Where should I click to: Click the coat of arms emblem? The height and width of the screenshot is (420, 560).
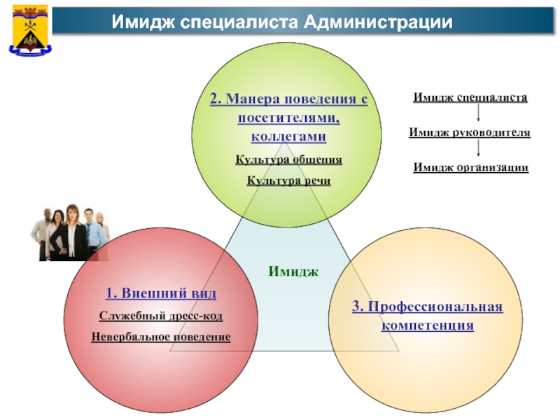27,29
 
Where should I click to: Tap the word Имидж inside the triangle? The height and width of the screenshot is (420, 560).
293,270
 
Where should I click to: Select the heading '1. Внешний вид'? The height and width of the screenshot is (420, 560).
161,292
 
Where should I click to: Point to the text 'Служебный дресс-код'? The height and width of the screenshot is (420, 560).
161,316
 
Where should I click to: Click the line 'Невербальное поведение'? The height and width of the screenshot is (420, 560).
161,337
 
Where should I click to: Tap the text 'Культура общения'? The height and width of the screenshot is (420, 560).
288,160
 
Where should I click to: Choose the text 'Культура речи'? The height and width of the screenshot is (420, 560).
288,181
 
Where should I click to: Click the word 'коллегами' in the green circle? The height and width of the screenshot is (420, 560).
288,136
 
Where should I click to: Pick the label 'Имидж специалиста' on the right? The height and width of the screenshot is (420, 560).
470,98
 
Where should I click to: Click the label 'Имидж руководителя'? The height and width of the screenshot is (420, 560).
470,132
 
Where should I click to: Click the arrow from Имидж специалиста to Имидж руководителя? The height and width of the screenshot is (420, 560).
477,114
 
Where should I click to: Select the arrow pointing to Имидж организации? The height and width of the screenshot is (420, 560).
477,148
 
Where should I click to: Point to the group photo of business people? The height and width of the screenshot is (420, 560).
70,232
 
